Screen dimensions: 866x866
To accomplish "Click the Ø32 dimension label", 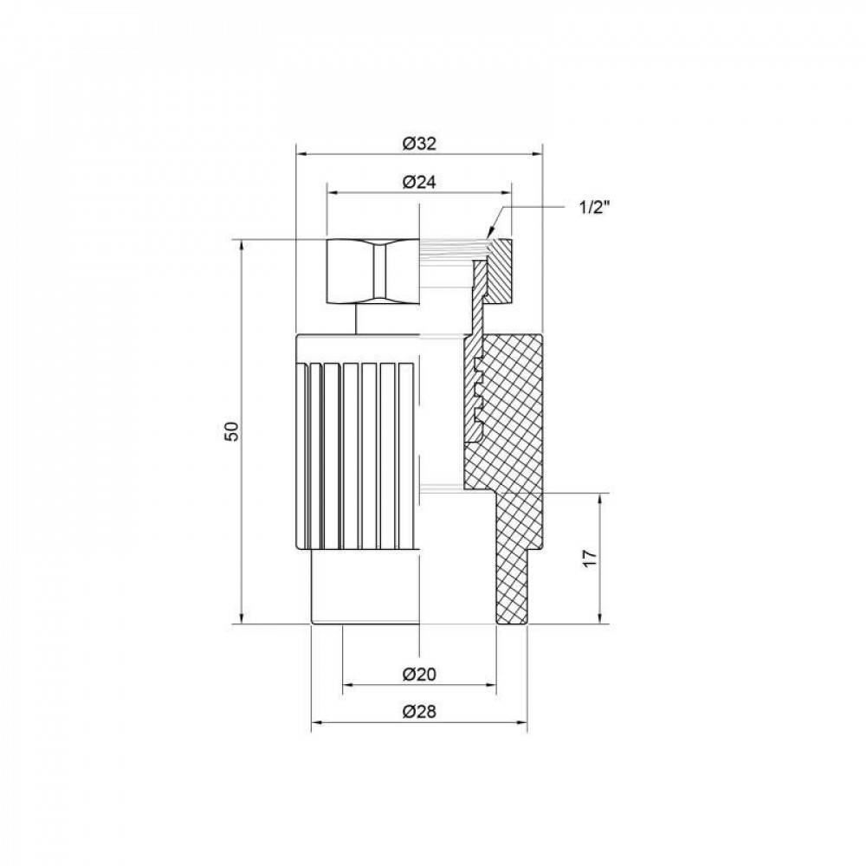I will click(x=419, y=145).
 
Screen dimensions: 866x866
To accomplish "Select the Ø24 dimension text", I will click(x=419, y=182).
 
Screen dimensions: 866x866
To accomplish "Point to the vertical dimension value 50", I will click(x=230, y=432).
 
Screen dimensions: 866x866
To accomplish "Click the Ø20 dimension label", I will click(x=419, y=674).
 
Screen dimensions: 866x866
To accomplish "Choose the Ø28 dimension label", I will click(x=419, y=712).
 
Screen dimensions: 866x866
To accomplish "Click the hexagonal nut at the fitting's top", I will click(x=373, y=271).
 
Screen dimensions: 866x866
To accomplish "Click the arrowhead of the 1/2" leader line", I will click(x=491, y=232).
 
